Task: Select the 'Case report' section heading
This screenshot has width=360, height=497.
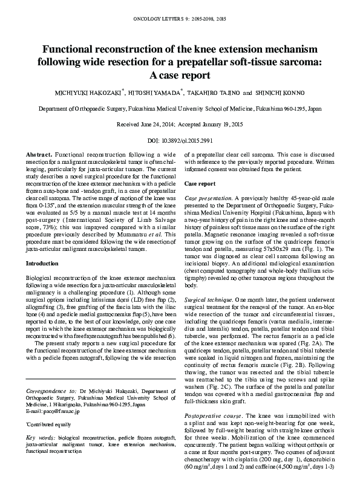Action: click(x=200, y=183)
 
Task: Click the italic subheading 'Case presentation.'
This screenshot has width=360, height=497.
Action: click(x=208, y=198)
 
